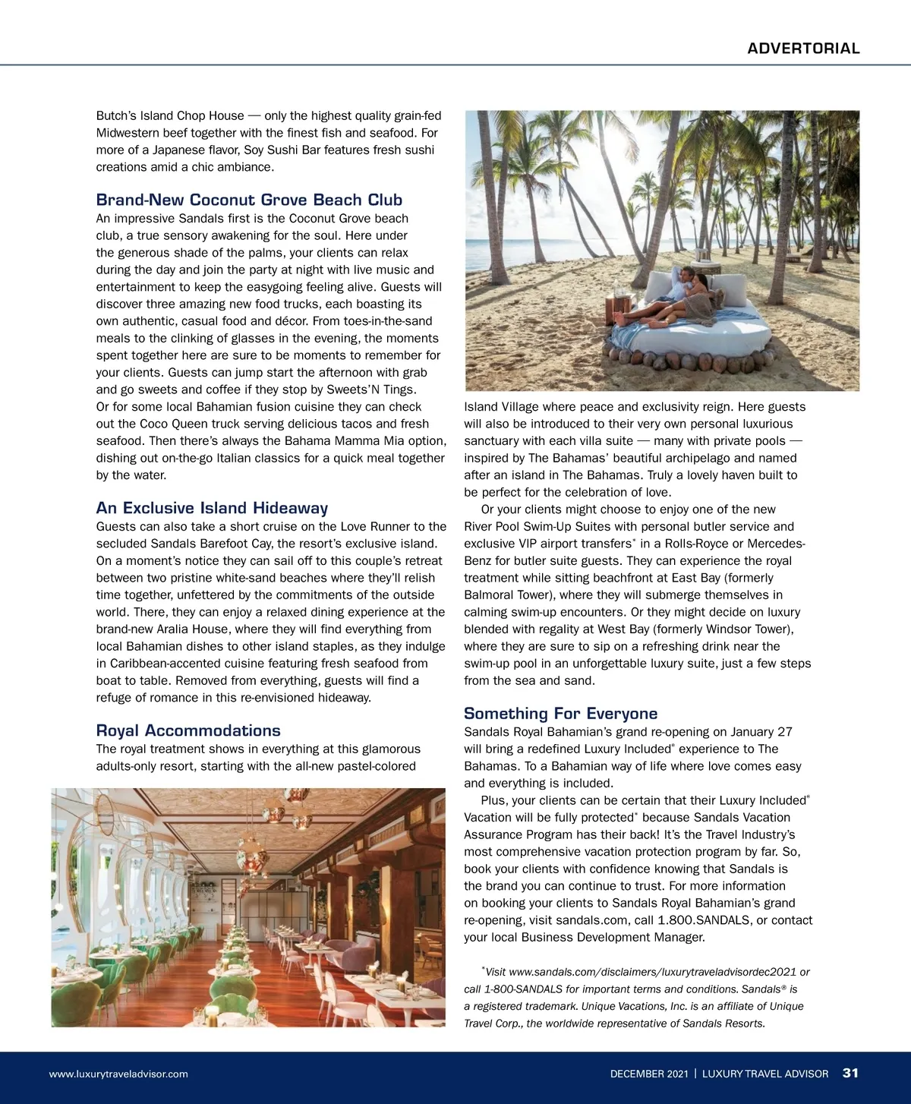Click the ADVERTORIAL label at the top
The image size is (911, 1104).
pyautogui.click(x=803, y=49)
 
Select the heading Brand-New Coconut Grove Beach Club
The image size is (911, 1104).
pyautogui.click(x=249, y=200)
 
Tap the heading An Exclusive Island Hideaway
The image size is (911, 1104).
pyautogui.click(x=212, y=508)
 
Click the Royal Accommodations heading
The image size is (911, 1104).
pyautogui.click(x=188, y=730)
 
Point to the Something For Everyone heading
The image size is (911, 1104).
pyautogui.click(x=560, y=714)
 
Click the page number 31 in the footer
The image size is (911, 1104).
pyautogui.click(x=850, y=1073)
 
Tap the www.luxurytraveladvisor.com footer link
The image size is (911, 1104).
pyautogui.click(x=118, y=1074)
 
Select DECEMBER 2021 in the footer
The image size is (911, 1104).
pyautogui.click(x=649, y=1074)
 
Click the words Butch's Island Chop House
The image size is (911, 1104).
pyautogui.click(x=170, y=115)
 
